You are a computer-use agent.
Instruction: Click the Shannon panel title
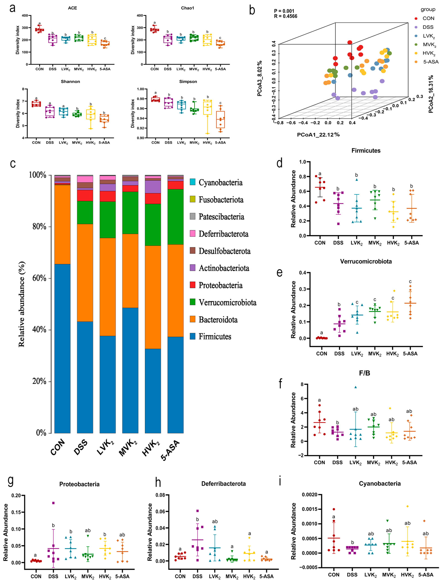[x=70, y=82]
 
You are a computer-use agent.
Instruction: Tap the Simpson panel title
[x=188, y=82]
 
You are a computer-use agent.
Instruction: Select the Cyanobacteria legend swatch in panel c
[x=193, y=182]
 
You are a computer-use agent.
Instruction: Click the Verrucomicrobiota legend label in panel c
[x=227, y=302]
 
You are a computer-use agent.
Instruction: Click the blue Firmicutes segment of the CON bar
[x=62, y=349]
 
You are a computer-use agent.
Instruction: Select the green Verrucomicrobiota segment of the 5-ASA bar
[x=175, y=217]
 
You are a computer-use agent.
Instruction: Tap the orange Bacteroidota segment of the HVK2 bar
[x=153, y=297]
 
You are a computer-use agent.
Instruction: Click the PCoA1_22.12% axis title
[x=318, y=135]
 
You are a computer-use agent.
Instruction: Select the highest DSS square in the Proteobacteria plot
[x=53, y=503]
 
